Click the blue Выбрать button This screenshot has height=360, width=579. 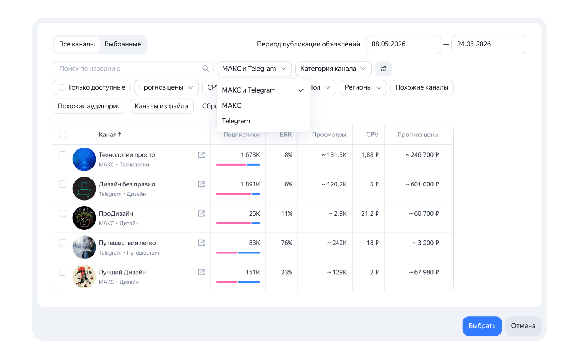click(x=482, y=326)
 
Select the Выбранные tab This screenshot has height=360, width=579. click(x=122, y=44)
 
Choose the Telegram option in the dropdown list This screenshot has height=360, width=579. click(x=236, y=121)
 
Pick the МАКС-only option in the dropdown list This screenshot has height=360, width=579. click(x=231, y=105)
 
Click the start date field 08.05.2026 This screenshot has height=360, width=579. click(x=403, y=44)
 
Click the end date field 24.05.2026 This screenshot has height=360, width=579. click(x=489, y=44)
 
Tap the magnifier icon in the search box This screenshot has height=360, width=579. click(x=206, y=68)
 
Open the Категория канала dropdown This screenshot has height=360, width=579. click(x=333, y=68)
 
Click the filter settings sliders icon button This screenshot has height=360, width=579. click(x=383, y=68)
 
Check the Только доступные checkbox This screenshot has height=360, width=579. click(x=61, y=87)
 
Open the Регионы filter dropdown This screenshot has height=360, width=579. click(x=363, y=87)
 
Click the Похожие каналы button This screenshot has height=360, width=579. click(x=422, y=87)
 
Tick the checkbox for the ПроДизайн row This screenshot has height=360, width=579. click(x=63, y=213)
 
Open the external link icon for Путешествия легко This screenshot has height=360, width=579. click(x=201, y=243)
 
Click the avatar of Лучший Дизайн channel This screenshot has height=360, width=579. click(x=84, y=276)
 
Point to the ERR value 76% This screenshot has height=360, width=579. click(x=286, y=243)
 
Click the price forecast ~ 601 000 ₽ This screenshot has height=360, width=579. click(x=422, y=184)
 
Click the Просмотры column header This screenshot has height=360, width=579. click(x=329, y=135)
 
